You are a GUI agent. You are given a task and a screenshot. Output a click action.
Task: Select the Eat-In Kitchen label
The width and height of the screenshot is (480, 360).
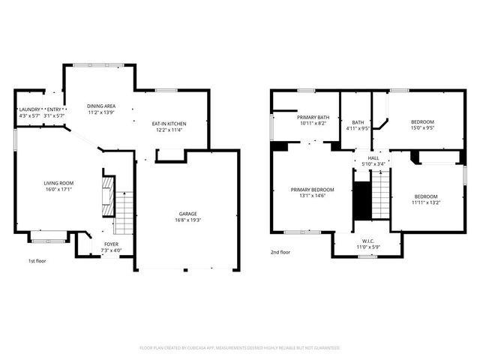(x=169, y=124)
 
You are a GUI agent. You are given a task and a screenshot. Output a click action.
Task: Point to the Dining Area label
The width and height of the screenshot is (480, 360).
(x=101, y=106)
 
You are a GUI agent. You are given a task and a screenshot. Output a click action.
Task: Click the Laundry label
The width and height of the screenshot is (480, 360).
(x=29, y=110)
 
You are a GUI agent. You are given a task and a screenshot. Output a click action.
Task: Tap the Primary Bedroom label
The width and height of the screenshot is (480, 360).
(x=312, y=190)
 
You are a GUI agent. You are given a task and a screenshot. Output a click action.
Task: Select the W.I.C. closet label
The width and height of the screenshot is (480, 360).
(x=368, y=241)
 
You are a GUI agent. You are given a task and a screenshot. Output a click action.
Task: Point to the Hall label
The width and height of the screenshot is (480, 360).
(x=373, y=158)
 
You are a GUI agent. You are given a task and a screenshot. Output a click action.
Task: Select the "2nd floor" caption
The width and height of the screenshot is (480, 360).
(x=280, y=253)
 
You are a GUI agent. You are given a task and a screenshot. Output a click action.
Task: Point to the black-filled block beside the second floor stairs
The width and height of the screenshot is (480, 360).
(x=362, y=198)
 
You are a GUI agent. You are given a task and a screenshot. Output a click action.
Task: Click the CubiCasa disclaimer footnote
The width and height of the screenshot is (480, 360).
(x=240, y=348)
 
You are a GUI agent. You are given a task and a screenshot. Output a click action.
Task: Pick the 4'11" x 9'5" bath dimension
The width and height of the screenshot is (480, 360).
(x=358, y=127)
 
